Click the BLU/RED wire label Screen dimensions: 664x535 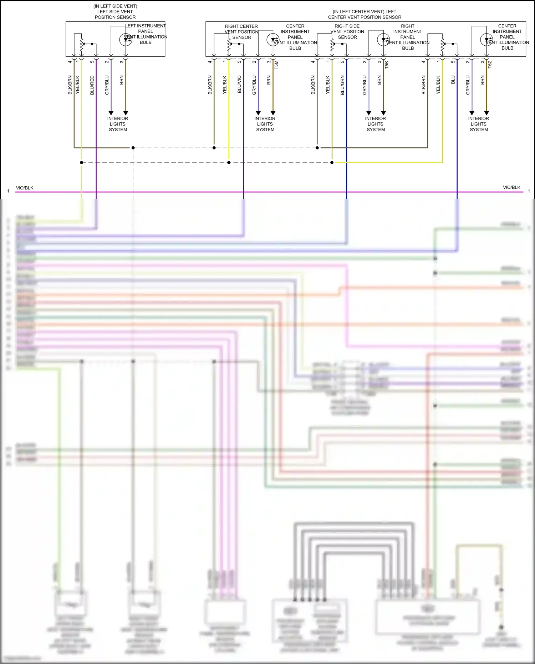tap(92, 85)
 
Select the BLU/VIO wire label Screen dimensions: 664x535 tap(239, 84)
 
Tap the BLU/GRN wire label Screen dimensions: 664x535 tap(342, 85)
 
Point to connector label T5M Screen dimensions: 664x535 tap(276, 65)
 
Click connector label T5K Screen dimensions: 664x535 tap(387, 65)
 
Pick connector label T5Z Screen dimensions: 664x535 tap(490, 65)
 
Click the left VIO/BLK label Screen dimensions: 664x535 tap(25, 188)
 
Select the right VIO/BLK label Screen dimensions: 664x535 tap(511, 187)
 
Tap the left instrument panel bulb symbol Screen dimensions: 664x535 tap(126, 39)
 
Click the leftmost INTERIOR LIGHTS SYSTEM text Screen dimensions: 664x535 tap(118, 124)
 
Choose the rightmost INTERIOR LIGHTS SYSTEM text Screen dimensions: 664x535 tap(479, 124)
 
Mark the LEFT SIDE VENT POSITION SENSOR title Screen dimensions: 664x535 tap(115, 12)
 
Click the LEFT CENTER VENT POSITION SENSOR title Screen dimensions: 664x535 tap(365, 14)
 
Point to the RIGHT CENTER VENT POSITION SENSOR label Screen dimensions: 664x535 tap(241, 32)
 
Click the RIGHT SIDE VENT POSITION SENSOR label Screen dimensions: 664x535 tap(347, 32)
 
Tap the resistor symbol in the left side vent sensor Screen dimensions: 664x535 tap(81, 44)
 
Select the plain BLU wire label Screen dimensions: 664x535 tap(453, 80)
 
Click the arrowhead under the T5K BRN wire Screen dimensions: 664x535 tap(383, 113)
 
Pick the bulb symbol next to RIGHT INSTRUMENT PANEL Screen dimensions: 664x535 tap(383, 40)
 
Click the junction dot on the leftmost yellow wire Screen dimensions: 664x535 tap(82, 163)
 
